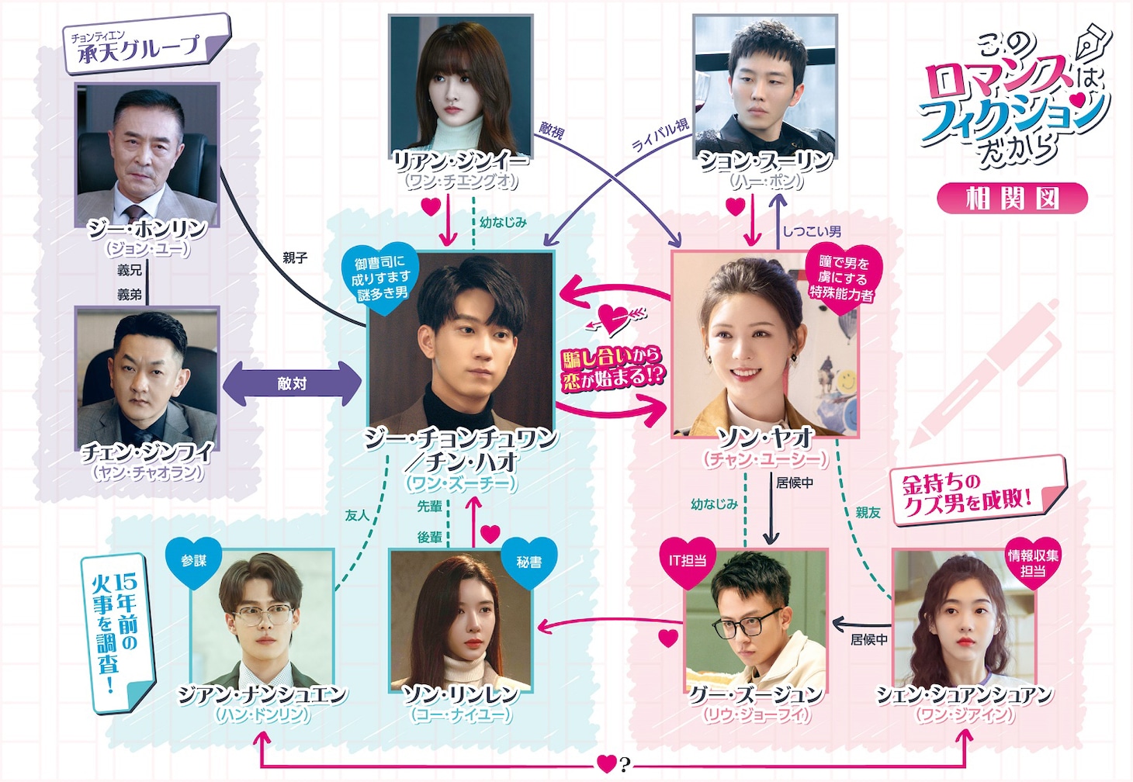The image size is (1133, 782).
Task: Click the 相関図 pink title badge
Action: coord(1012,199)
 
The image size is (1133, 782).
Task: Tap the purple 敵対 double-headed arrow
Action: coord(292,383)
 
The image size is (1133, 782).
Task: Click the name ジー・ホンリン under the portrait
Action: coord(147,229)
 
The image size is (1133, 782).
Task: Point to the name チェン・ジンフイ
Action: coord(147,452)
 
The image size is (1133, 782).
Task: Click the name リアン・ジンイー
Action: coord(461,161)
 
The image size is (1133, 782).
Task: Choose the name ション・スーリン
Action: coord(766,161)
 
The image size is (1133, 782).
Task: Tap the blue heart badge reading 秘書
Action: coord(529,562)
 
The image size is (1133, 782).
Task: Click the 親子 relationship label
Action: coord(295,258)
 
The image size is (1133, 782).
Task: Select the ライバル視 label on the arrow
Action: coord(660,135)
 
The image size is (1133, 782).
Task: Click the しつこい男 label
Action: coord(811,231)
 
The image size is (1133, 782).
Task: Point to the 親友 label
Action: coord(868,513)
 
